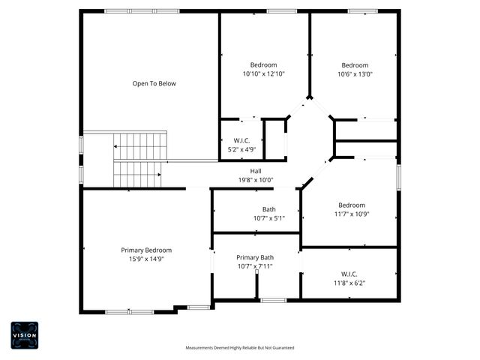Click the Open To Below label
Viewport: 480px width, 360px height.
tap(154, 83)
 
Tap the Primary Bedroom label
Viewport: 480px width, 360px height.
tap(146, 250)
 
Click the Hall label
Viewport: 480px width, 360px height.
tap(256, 172)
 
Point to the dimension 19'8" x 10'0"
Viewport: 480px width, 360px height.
tap(256, 180)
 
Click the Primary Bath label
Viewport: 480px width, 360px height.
tap(255, 257)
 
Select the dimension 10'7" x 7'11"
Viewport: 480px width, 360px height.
tap(255, 265)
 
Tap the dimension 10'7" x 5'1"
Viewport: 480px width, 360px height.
tap(268, 217)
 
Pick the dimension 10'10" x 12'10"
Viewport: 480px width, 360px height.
tap(263, 73)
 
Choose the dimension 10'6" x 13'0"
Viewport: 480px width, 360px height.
tap(355, 73)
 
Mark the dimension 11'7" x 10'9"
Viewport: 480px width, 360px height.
tap(351, 213)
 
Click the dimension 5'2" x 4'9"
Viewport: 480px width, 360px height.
tap(241, 148)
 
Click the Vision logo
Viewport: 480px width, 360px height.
tap(24, 334)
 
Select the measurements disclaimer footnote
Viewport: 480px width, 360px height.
tap(240, 348)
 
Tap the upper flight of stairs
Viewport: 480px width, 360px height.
tap(139, 145)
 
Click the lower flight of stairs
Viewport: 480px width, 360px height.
tap(137, 174)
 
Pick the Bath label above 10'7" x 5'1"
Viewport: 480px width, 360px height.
tap(268, 209)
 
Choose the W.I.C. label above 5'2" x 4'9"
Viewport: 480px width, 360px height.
tap(241, 140)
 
